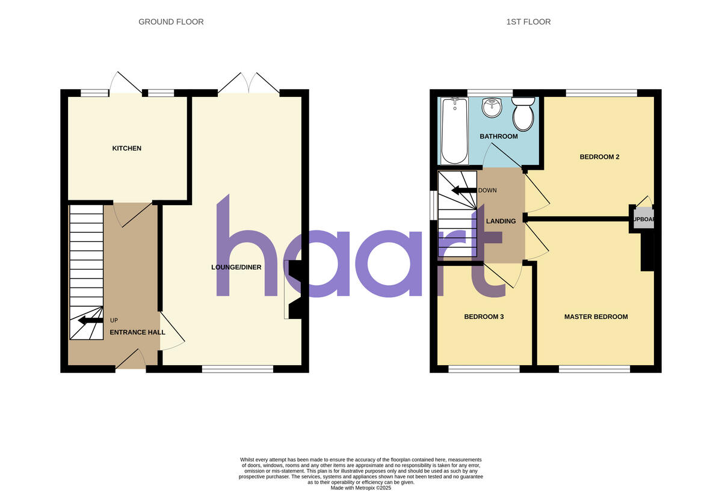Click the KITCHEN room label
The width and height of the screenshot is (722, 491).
(126, 148)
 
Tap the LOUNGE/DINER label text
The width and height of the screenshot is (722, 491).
(236, 267)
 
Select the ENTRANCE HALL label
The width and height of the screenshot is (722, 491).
(137, 332)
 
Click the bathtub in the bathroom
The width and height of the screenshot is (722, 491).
(454, 131)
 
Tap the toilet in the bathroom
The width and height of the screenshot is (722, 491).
(522, 114)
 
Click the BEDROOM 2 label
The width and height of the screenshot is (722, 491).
(599, 157)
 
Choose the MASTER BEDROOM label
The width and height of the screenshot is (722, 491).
(596, 317)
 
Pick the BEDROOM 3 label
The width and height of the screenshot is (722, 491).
(484, 317)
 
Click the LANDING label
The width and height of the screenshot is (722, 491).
(501, 221)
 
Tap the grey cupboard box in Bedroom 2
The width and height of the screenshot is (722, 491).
(641, 220)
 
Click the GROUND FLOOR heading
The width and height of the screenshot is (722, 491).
(171, 22)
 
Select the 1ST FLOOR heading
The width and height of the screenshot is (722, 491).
(528, 22)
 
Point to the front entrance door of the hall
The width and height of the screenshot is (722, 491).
(131, 362)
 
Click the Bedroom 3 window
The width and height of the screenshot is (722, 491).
(484, 369)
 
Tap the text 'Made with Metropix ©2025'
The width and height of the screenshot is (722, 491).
(361, 488)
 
